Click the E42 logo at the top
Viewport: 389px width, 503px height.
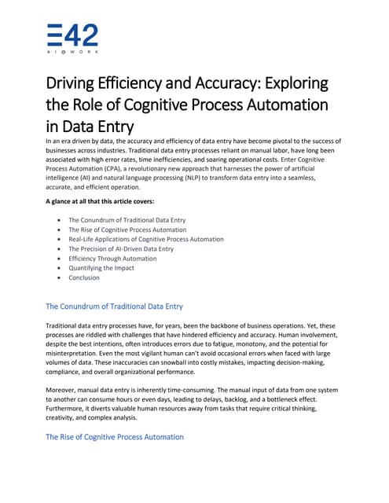click(72, 35)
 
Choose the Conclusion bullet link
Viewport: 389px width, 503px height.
click(84, 277)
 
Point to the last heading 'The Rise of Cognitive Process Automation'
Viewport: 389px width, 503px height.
click(115, 436)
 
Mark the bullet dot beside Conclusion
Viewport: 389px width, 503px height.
click(60, 277)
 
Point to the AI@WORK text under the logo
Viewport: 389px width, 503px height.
click(72, 51)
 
